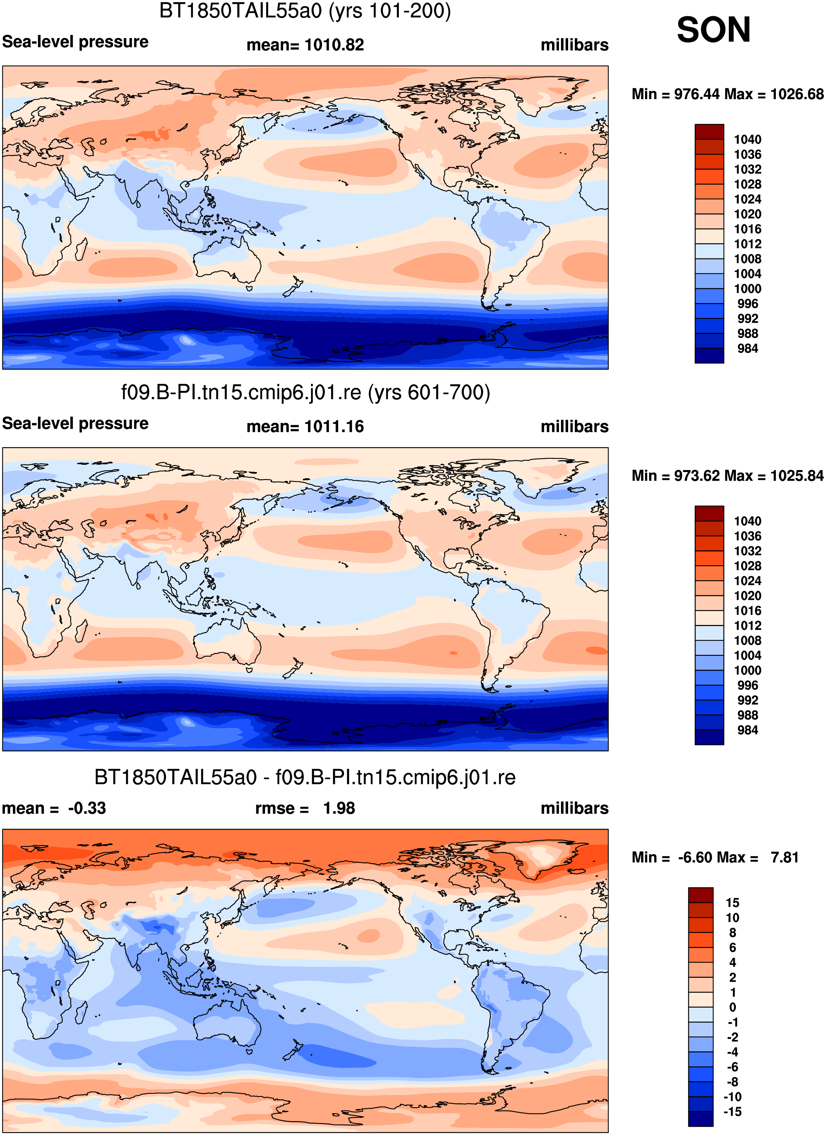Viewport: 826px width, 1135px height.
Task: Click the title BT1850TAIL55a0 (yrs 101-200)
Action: [x=305, y=11]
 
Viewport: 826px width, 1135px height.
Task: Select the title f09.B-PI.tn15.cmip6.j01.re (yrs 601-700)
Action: [x=305, y=393]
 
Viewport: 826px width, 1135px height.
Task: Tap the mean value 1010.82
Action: [x=334, y=45]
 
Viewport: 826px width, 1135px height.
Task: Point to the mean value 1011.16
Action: [x=334, y=427]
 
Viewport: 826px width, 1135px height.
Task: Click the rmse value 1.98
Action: [x=339, y=808]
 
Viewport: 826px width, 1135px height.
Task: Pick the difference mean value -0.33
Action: [x=87, y=808]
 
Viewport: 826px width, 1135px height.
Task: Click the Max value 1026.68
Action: [x=797, y=94]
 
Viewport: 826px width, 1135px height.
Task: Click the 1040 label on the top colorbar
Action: [x=748, y=139]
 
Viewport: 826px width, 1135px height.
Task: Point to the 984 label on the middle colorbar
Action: [x=748, y=730]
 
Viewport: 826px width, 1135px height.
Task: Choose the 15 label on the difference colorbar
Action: [x=733, y=903]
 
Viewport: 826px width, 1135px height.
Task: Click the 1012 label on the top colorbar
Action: [x=748, y=244]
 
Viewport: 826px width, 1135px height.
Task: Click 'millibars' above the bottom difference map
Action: [x=575, y=808]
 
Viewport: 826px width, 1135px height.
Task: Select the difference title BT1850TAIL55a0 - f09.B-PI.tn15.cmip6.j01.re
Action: [x=305, y=778]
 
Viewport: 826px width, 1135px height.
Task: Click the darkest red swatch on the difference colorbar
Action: [x=700, y=895]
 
